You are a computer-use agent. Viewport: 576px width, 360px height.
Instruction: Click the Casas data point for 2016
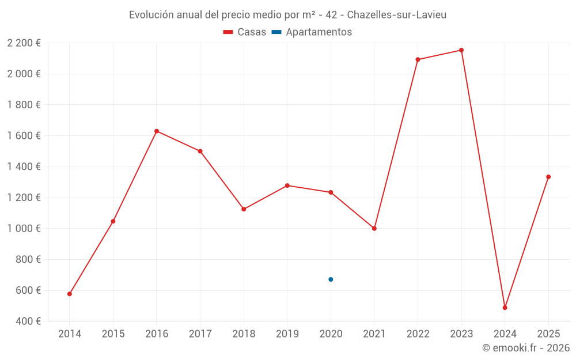(157, 131)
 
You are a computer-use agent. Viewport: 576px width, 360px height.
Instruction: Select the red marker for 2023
(461, 50)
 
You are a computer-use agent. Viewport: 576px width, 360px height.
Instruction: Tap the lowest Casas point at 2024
(505, 308)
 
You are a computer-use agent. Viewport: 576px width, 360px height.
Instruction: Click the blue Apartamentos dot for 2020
(331, 279)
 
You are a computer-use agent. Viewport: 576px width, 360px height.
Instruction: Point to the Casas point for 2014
(70, 294)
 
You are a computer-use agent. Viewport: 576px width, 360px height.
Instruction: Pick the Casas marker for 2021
(374, 229)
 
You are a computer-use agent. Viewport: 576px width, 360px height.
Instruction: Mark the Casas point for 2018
(244, 209)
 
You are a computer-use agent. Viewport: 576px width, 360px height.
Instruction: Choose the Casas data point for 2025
(548, 177)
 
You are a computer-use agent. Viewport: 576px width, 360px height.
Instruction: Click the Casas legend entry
(245, 32)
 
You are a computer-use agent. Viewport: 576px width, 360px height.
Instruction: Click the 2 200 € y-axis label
(24, 43)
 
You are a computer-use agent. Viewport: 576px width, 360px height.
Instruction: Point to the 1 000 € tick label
(24, 229)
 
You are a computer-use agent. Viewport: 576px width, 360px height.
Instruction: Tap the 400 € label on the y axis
(27, 321)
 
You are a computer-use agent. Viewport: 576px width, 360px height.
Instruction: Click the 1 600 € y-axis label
(24, 136)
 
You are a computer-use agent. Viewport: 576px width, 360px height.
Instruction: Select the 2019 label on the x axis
(287, 334)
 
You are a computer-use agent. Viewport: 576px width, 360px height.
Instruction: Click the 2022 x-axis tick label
(418, 334)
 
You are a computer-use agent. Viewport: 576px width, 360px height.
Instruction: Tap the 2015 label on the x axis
(113, 334)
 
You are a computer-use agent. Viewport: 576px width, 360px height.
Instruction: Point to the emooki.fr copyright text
(525, 348)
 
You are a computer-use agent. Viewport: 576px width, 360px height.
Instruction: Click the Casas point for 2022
(418, 59)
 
